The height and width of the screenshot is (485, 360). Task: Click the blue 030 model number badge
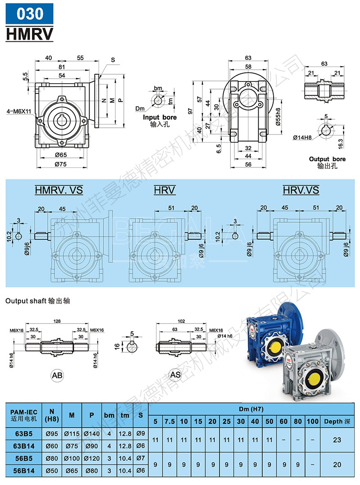[x=30, y=14]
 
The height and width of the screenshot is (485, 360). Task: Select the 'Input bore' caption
[x=160, y=117]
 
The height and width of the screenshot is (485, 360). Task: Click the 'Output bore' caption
[x=327, y=159]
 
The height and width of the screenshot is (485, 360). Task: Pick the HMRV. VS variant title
[x=59, y=190]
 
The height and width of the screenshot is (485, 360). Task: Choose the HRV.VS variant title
[x=301, y=190]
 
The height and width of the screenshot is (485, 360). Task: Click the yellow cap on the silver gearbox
[x=311, y=378]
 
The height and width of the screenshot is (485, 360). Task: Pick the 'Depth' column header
[x=337, y=422]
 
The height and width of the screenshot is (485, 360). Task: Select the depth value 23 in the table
[x=337, y=440]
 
